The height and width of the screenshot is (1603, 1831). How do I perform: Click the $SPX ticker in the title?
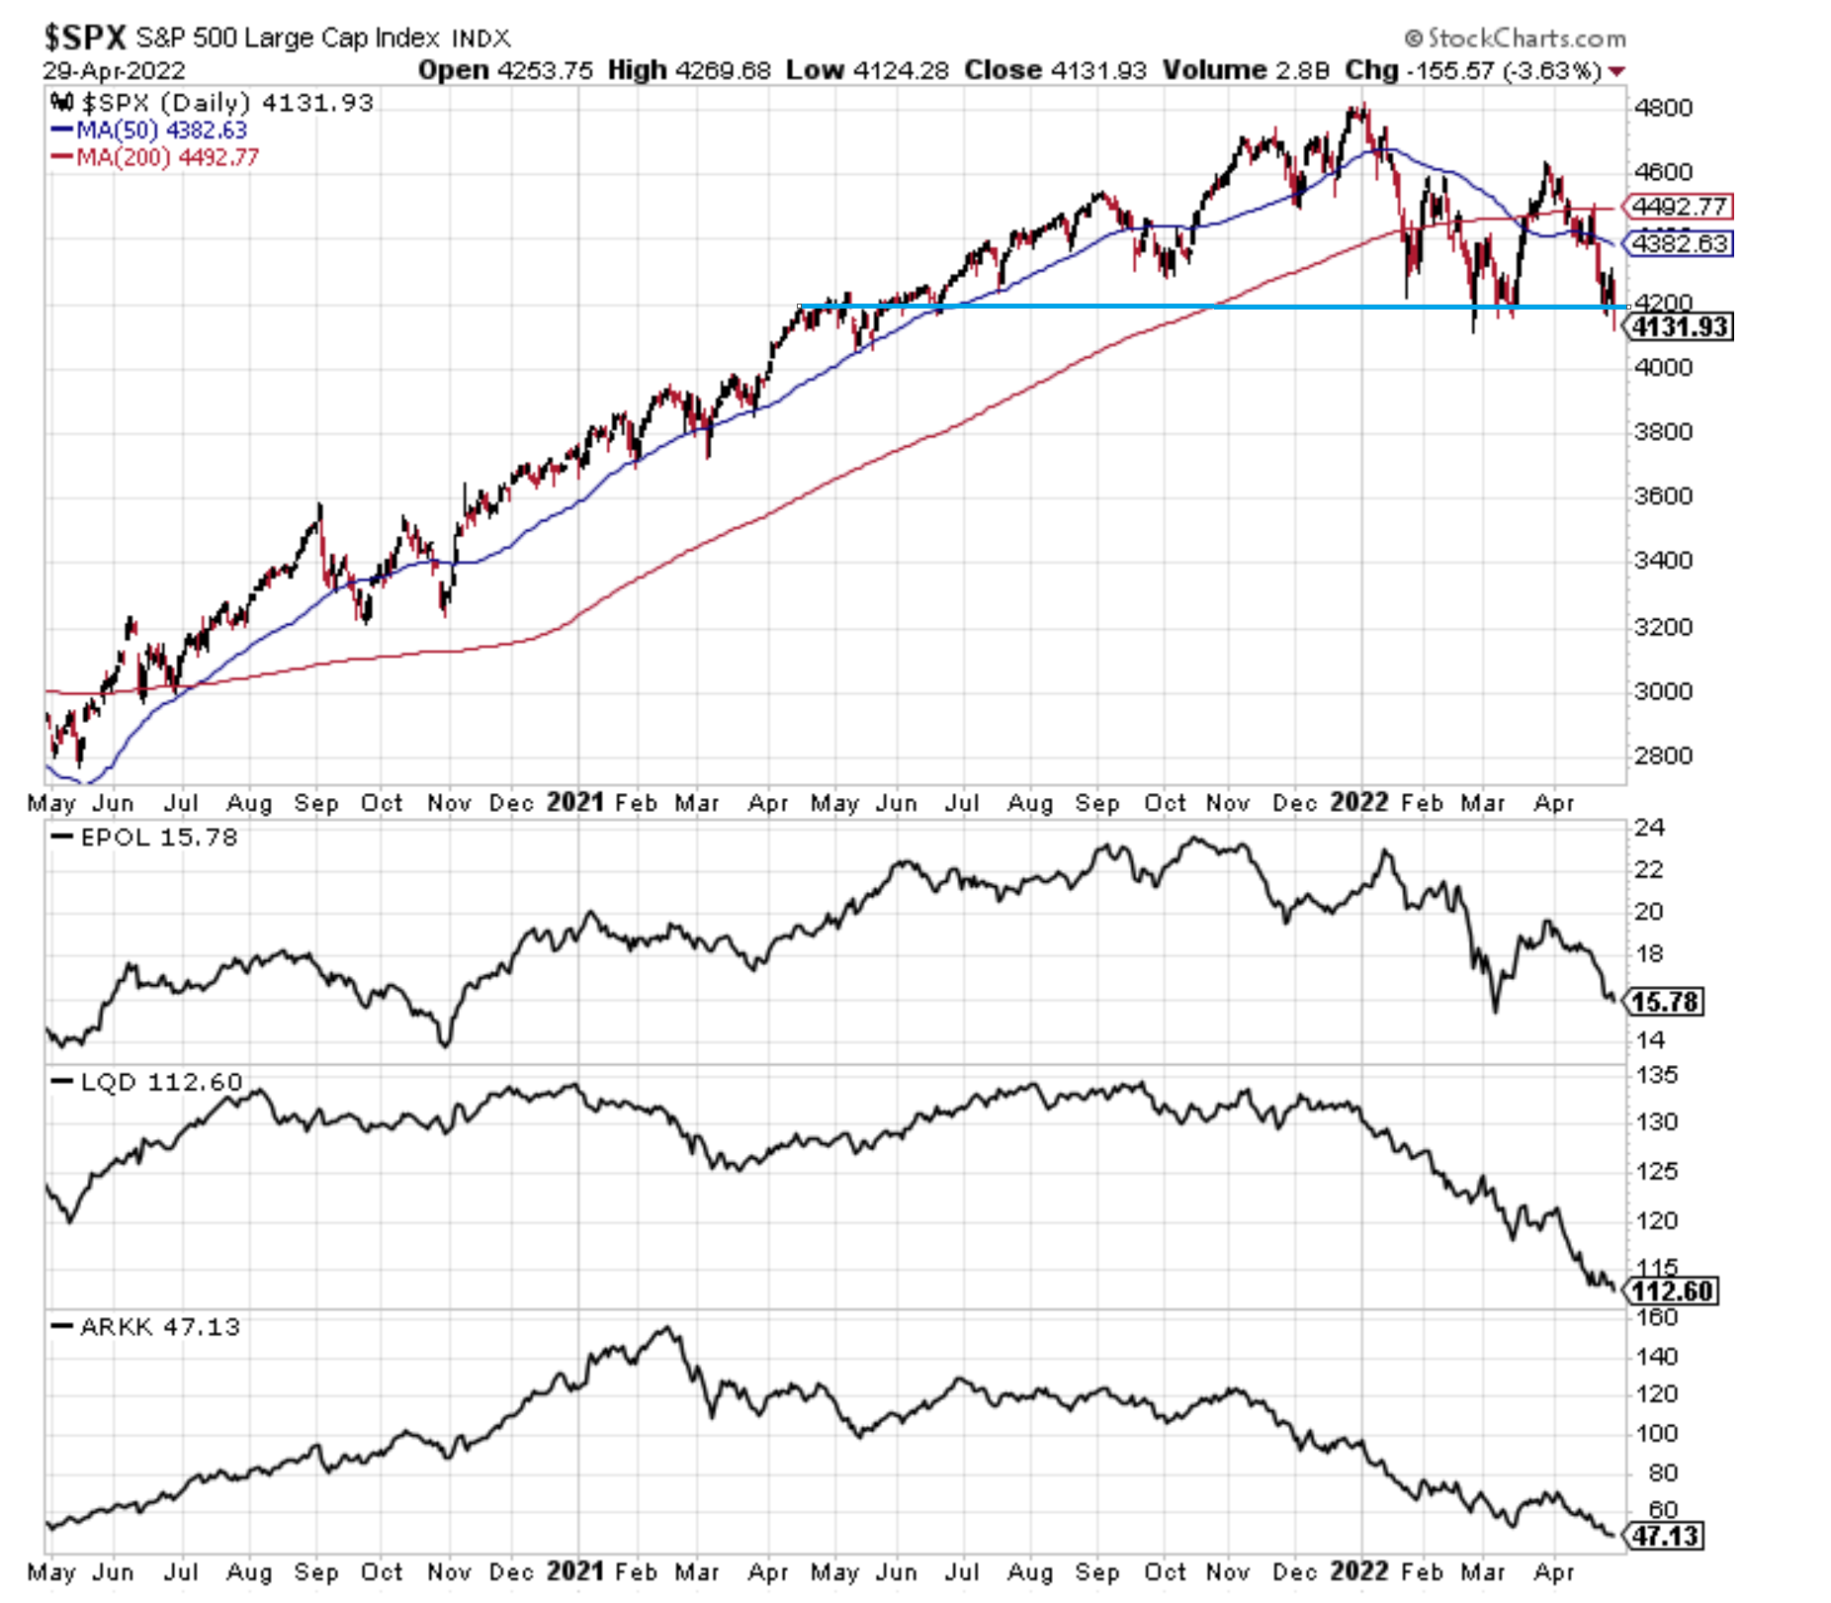[85, 38]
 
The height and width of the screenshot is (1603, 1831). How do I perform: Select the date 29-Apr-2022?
[114, 71]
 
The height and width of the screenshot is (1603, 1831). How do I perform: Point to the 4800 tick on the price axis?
[1663, 108]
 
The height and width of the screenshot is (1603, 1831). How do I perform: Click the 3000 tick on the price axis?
[1663, 691]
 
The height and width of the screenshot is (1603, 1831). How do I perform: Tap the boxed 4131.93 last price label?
[1681, 327]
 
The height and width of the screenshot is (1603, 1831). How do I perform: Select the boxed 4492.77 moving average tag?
[1680, 207]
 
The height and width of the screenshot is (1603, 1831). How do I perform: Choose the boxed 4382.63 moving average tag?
[1680, 243]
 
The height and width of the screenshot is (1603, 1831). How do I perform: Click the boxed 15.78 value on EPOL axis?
[1666, 1002]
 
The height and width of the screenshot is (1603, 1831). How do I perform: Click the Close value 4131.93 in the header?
[1098, 70]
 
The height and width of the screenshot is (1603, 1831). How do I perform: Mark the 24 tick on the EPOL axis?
[1648, 828]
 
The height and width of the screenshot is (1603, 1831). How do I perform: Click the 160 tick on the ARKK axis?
[1656, 1317]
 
